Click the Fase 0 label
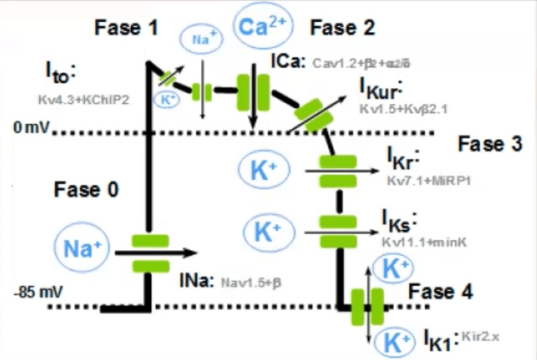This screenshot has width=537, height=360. coord(86,191)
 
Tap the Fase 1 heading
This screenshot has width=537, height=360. coord(126,28)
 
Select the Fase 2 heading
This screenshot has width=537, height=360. coord(342,28)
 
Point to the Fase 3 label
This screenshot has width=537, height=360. coord(490,144)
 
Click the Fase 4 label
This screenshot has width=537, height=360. coord(440,292)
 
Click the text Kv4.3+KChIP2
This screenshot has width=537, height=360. coord(84,100)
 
